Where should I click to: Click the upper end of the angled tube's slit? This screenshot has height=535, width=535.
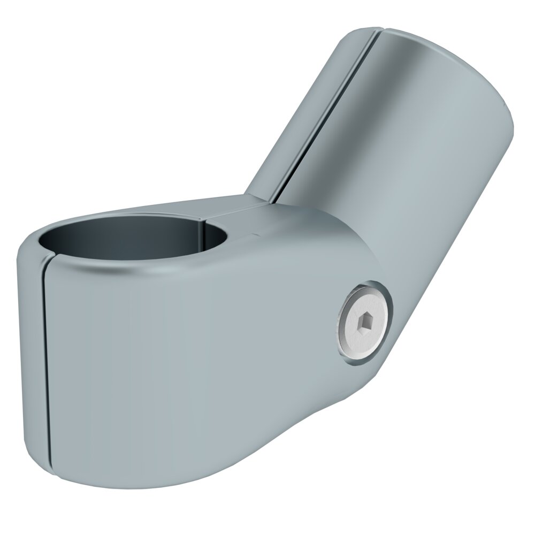click(376, 33)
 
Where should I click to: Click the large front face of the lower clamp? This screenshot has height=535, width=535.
click(187, 364)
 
